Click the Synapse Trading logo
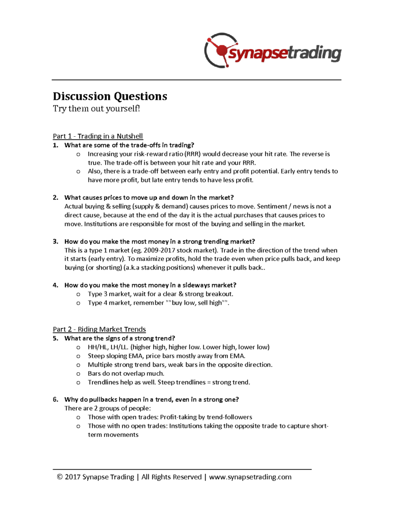pyautogui.click(x=273, y=51)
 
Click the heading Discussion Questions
pyautogui.click(x=110, y=96)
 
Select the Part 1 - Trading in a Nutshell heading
pyautogui.click(x=98, y=136)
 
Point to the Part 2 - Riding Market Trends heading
pyautogui.click(x=99, y=329)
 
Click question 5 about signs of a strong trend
pyautogui.click(x=120, y=338)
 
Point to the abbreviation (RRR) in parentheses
pyautogui.click(x=192, y=154)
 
